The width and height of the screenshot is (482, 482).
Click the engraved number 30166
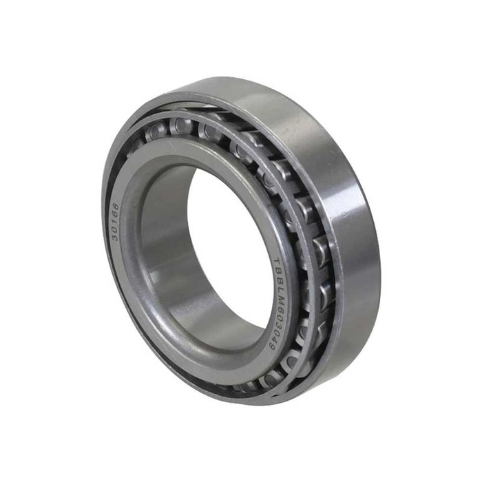tap(115, 221)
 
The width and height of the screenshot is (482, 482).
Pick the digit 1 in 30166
tap(115, 221)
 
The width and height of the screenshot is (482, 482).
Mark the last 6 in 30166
tap(116, 207)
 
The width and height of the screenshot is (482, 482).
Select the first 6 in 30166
tap(116, 213)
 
